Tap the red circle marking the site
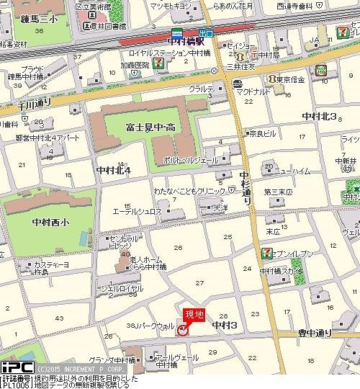point(183,330)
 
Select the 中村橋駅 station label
point(185,41)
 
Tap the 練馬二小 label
point(23,20)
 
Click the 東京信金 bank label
point(291,79)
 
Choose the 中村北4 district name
point(112,171)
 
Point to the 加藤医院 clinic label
point(135,64)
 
